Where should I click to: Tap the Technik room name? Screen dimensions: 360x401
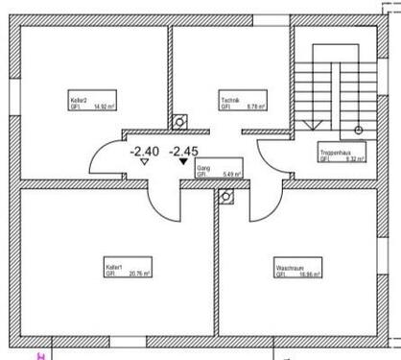[x=229, y=100]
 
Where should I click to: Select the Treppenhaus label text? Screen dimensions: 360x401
[x=335, y=153]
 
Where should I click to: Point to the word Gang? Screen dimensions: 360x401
[x=203, y=168]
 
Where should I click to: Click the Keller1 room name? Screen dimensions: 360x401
[x=114, y=267]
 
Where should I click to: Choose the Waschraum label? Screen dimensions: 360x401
[x=290, y=268]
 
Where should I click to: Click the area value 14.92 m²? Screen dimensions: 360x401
[x=97, y=108]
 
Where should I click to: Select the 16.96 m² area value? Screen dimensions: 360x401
[x=307, y=275]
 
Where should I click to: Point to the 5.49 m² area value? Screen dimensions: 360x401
[x=232, y=175]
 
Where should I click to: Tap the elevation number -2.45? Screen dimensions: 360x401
[x=183, y=150]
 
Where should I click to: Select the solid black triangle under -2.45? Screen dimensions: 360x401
[x=183, y=162]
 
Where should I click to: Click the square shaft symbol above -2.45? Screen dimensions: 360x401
[x=178, y=122]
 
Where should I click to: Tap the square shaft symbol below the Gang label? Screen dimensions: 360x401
[x=226, y=197]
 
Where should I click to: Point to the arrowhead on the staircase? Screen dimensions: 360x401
[x=309, y=125]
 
